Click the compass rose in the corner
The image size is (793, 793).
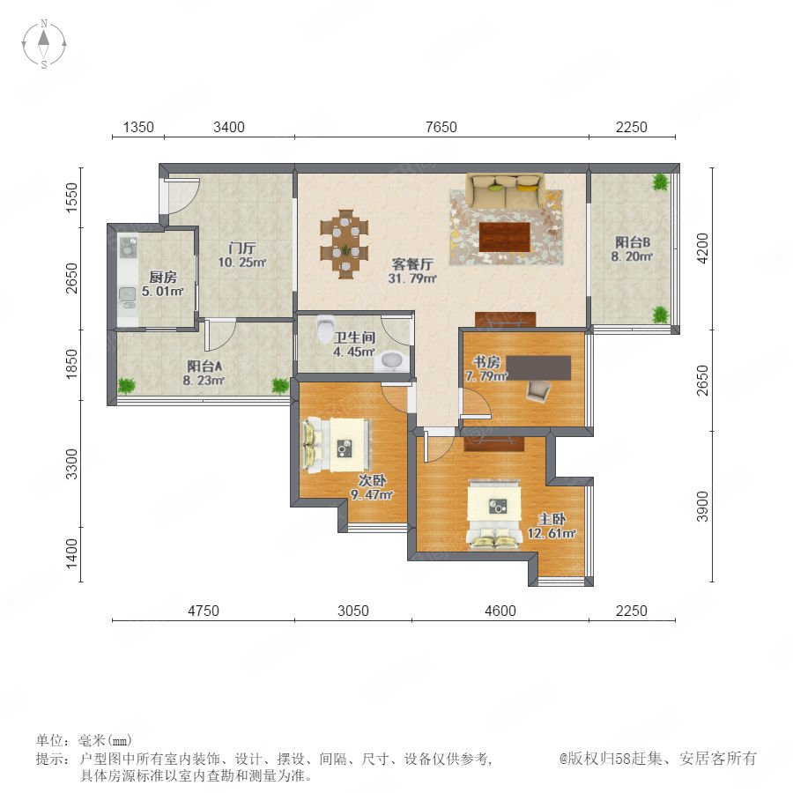(44, 44)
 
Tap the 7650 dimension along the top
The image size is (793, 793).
(441, 127)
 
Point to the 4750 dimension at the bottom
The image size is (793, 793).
(204, 611)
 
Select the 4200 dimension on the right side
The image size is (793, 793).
(702, 248)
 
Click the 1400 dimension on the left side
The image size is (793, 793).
(72, 552)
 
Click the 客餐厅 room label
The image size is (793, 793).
(412, 264)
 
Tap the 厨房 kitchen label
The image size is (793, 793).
(163, 278)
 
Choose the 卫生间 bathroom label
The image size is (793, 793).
(354, 337)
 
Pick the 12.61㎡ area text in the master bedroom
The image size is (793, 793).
(552, 534)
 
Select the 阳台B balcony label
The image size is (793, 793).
(632, 242)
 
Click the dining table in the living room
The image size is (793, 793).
(345, 244)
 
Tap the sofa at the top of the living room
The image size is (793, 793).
(505, 190)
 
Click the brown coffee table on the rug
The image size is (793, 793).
(504, 236)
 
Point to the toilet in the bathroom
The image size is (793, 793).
(324, 330)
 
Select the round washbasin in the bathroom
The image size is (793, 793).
(391, 360)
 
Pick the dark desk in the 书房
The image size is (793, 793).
(539, 367)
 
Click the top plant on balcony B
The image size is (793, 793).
(660, 182)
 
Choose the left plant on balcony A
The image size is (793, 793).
(126, 386)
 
